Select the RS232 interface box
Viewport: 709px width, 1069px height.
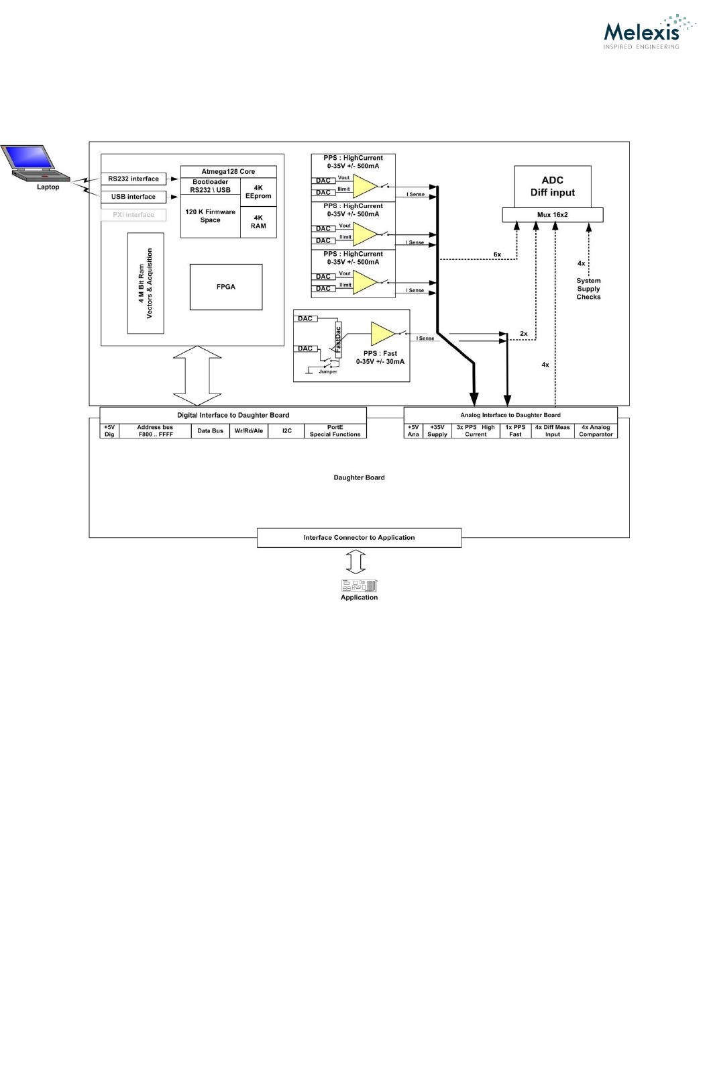coord(133,179)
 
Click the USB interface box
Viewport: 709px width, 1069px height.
coord(133,197)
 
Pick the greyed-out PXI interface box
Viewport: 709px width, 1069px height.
coord(133,215)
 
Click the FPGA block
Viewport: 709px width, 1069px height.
coord(226,287)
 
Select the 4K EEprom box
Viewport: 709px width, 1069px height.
coord(258,192)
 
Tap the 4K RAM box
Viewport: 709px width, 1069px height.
coord(258,222)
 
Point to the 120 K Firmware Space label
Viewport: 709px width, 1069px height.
coord(210,216)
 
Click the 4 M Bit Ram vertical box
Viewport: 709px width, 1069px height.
coord(146,283)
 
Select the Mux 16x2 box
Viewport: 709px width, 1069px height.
coord(552,215)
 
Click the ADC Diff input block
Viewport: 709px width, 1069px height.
coord(552,186)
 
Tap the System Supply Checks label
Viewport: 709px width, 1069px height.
coord(588,289)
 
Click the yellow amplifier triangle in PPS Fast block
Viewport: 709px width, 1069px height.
coord(382,333)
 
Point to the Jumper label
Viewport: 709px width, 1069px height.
coord(328,372)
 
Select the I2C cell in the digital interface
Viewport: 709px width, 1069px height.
coord(286,431)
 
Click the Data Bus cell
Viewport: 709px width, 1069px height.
coord(210,431)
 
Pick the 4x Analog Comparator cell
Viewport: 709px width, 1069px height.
coord(596,431)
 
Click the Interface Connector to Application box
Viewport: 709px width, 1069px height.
coord(359,538)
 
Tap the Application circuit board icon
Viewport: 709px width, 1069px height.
coord(360,586)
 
